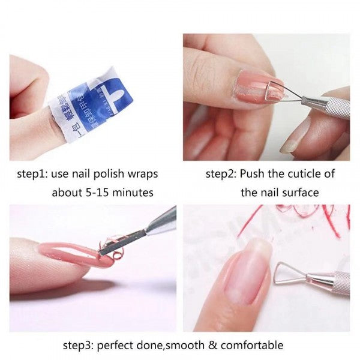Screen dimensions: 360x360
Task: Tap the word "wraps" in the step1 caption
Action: tap(142, 174)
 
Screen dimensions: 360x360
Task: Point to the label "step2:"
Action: tap(221, 174)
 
